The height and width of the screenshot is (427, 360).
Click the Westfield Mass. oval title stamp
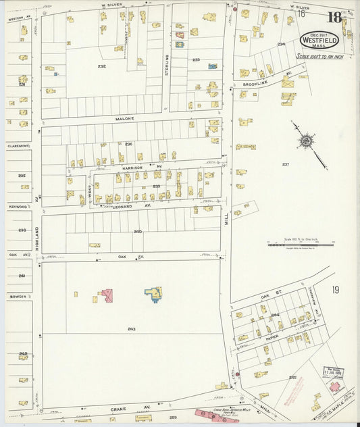click(x=319, y=39)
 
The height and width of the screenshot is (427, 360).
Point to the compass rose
click(x=307, y=141)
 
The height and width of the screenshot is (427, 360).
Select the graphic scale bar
click(x=301, y=245)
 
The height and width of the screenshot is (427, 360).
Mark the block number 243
click(x=131, y=328)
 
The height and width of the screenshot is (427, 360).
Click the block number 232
click(x=101, y=66)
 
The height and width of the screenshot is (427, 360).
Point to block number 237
click(x=285, y=164)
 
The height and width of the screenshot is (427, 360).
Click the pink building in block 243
click(x=106, y=295)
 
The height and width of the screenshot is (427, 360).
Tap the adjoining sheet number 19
click(x=336, y=290)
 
